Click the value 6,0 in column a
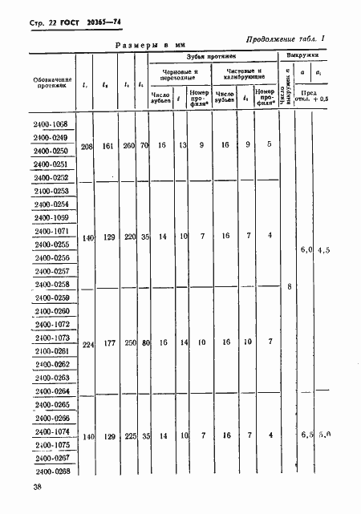point(305,250)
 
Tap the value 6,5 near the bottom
point(305,435)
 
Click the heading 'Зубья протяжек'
point(211,58)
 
